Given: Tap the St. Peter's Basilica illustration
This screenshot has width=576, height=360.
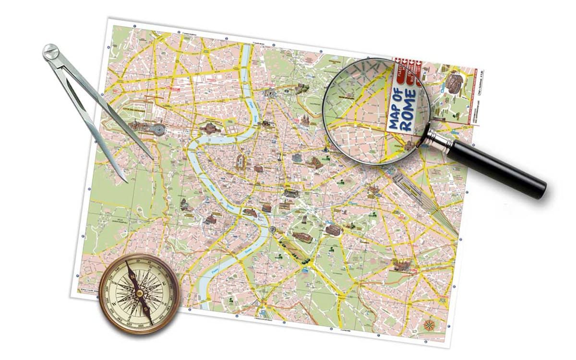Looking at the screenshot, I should [139, 127].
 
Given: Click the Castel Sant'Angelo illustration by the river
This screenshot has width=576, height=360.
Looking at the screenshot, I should [207, 128].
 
